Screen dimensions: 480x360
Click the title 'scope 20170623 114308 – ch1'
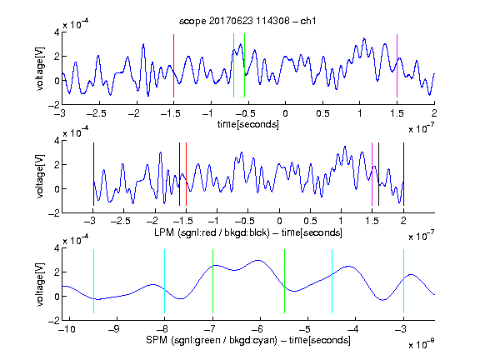tap(247, 21)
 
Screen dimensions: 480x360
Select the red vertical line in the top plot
tap(173, 66)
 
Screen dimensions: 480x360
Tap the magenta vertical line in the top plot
tap(397, 66)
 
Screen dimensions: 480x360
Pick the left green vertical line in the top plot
tap(233, 66)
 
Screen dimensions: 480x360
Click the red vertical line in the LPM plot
tap(186, 174)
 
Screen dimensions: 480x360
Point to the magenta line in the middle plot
tap(372, 174)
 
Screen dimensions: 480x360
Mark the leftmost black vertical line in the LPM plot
tap(93, 174)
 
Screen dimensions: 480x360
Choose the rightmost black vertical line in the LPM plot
tap(403, 174)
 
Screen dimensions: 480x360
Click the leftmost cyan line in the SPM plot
tap(93, 282)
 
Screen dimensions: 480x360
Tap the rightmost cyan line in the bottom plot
tap(403, 282)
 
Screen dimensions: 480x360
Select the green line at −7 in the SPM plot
tap(212, 282)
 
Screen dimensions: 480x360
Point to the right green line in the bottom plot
tap(284, 282)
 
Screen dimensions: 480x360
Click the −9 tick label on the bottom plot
tap(113, 329)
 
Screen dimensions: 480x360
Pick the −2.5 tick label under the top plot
tap(96, 113)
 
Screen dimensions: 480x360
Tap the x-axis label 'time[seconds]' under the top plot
tap(248, 124)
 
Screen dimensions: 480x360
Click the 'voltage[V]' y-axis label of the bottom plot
tap(40, 284)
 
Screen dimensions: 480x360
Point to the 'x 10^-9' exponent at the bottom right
tap(421, 345)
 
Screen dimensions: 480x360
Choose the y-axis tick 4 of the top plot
tap(57, 32)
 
